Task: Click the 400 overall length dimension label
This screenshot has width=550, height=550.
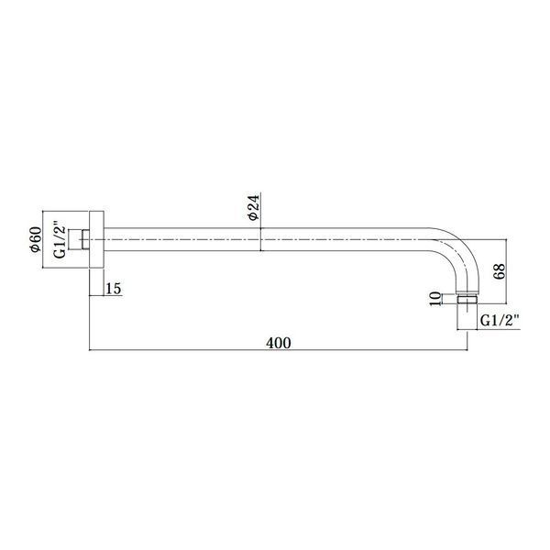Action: point(278,343)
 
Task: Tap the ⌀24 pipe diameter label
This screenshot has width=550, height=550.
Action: point(253,208)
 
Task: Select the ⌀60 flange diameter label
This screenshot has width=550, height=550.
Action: point(36,239)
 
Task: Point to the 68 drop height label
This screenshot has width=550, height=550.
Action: point(500,270)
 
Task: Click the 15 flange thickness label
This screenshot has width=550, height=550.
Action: point(114,289)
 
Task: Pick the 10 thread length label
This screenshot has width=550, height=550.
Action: point(435,299)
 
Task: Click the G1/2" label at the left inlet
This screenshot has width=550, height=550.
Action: point(60,239)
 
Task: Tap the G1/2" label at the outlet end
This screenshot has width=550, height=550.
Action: point(500,320)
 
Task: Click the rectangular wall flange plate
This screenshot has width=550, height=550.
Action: point(96,239)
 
